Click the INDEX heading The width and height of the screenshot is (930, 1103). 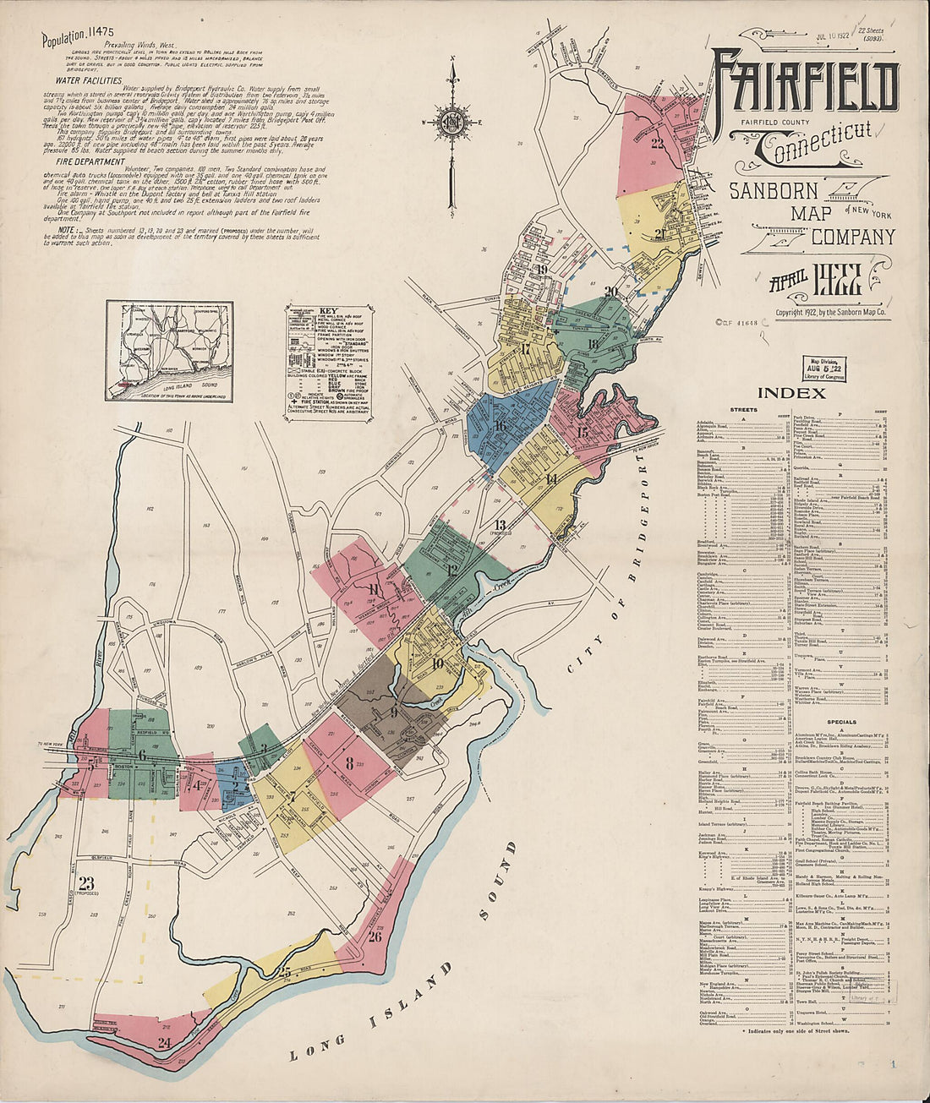[x=791, y=393]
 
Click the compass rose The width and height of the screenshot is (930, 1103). [x=454, y=120]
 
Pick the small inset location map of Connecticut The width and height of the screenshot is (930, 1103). [x=169, y=351]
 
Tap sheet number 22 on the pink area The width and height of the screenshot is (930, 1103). [x=658, y=142]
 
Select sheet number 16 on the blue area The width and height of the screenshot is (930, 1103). [x=501, y=426]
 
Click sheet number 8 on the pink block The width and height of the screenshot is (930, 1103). [x=349, y=763]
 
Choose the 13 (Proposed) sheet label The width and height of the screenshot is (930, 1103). [x=500, y=527]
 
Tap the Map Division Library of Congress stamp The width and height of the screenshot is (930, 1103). [x=823, y=369]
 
